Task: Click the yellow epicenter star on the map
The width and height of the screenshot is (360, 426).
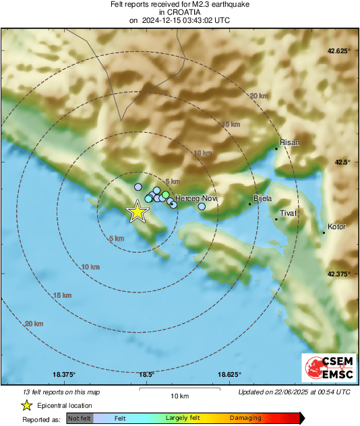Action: pos(138,211)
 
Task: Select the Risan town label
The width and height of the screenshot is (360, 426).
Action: pos(289,142)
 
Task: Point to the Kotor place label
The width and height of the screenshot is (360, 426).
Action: pos(336,226)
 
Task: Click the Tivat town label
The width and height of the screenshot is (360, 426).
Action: pos(288,213)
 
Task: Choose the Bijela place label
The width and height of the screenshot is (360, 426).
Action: pos(262,198)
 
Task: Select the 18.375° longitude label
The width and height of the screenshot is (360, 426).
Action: pos(65,375)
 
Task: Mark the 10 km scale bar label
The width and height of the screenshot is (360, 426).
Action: pos(179,395)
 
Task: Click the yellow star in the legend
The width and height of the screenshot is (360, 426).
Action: pos(26,405)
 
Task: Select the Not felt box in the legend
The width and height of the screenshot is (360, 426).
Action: pos(80,418)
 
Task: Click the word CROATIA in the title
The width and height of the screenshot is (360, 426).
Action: pos(179,12)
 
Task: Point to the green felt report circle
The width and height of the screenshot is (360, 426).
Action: pos(166,195)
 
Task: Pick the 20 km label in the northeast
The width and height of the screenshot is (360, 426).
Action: pos(258,96)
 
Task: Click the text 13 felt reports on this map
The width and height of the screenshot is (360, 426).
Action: pos(61,392)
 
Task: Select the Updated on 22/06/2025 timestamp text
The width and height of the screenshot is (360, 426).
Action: pos(294,392)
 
